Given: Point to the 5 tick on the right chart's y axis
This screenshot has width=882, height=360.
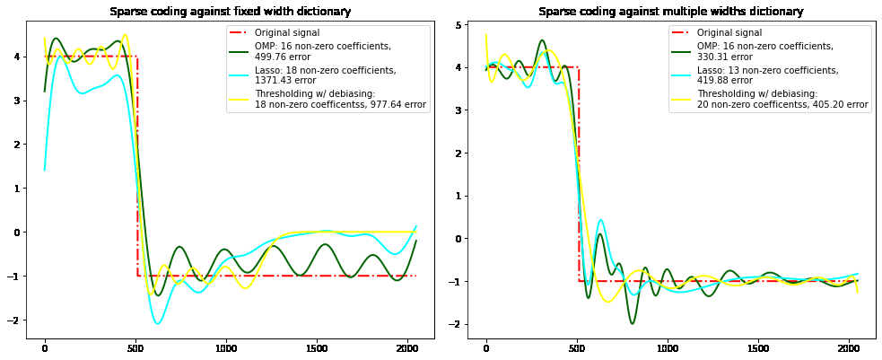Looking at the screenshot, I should [469, 25].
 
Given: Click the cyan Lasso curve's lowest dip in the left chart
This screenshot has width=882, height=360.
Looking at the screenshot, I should [158, 323].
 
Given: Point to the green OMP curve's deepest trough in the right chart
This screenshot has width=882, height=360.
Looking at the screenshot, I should [632, 323].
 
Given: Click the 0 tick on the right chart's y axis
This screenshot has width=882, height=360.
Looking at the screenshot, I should [469, 239].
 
